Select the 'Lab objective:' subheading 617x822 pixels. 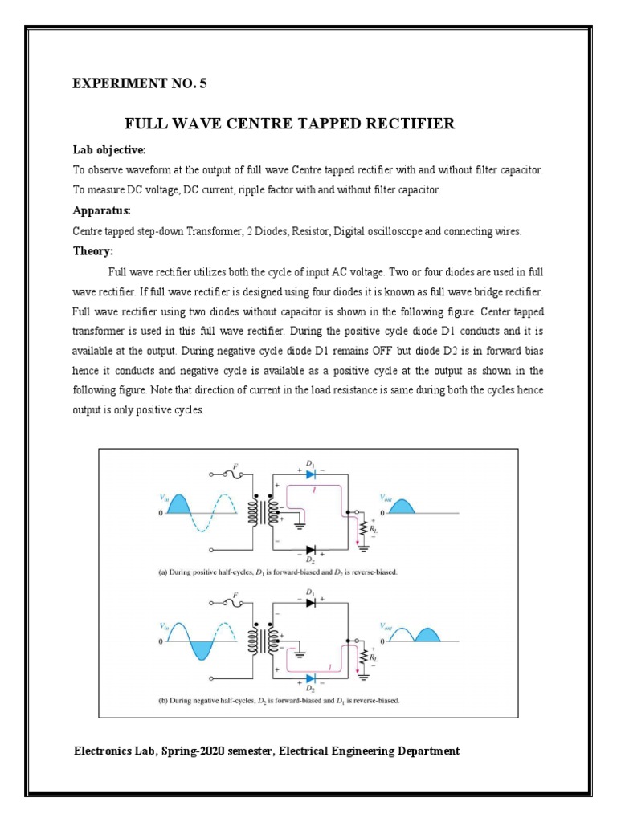point(104,150)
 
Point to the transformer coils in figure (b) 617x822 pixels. point(264,641)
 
